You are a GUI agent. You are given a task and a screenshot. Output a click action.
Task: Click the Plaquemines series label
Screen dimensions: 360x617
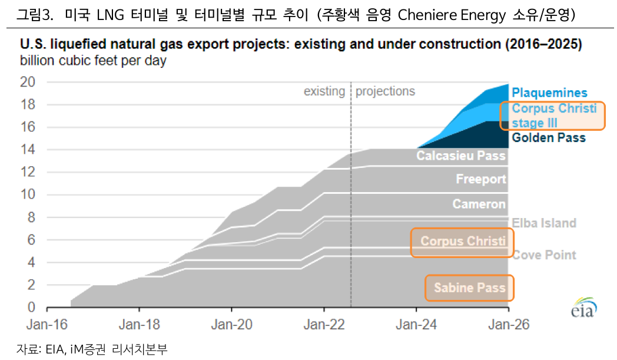point(549,93)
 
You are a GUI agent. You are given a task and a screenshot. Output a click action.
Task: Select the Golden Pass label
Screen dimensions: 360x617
point(549,138)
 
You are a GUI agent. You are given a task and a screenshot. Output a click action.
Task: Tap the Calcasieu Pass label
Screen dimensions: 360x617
point(461,156)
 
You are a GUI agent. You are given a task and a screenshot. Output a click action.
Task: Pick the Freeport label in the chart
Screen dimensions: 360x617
point(480,179)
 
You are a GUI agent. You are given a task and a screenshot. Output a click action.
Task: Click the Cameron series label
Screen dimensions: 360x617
point(479,204)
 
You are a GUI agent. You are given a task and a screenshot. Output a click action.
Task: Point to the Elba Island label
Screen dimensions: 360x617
point(544,223)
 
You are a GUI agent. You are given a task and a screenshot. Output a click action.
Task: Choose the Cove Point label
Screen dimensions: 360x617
point(544,255)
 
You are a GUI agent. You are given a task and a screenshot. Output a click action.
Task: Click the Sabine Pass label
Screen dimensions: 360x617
point(470,288)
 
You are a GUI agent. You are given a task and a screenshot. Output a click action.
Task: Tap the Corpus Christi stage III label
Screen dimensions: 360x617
point(553,115)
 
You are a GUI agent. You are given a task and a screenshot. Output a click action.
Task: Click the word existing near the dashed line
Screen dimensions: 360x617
point(324,91)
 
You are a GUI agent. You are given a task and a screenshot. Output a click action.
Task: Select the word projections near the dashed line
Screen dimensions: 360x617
point(385,91)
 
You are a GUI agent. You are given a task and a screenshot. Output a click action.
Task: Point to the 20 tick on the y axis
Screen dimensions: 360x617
point(28,82)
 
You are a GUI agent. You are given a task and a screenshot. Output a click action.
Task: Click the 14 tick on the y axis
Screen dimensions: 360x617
point(28,150)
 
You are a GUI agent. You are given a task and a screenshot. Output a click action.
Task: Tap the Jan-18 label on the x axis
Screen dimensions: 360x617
point(139,325)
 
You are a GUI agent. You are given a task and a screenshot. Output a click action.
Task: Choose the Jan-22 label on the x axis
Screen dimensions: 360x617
point(324,325)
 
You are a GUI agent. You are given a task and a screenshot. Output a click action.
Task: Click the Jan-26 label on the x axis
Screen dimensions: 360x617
point(509,325)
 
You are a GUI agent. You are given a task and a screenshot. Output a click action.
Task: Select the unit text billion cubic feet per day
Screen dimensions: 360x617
point(93,60)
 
